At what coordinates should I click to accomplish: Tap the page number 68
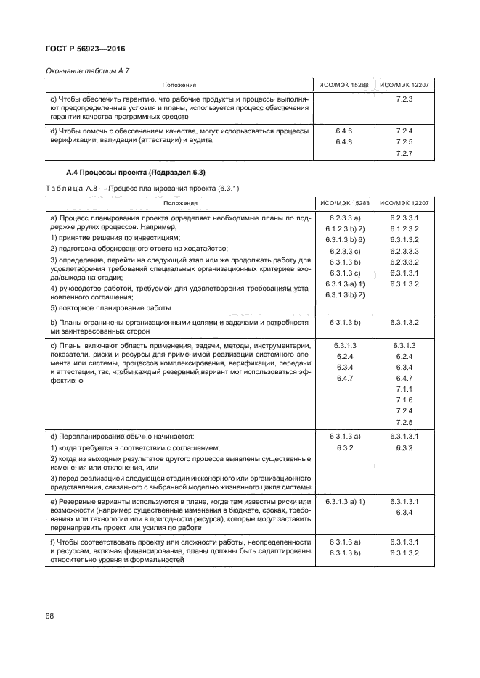pyautogui.click(x=49, y=616)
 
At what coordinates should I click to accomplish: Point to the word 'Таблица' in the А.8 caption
pyautogui.click(x=63, y=189)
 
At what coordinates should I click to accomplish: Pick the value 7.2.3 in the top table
pyautogui.click(x=404, y=98)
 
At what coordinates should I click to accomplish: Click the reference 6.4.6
pyautogui.click(x=344, y=131)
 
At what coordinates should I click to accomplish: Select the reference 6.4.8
pyautogui.click(x=344, y=142)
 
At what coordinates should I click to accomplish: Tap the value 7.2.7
pyautogui.click(x=404, y=154)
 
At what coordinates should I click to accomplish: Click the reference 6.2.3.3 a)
pyautogui.click(x=345, y=217)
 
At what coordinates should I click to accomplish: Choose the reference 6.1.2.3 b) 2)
pyautogui.click(x=345, y=228)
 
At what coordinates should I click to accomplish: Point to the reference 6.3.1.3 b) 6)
pyautogui.click(x=345, y=239)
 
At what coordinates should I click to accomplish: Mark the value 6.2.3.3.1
pyautogui.click(x=404, y=217)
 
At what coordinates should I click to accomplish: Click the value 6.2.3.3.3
pyautogui.click(x=404, y=249)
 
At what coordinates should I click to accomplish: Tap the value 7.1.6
pyautogui.click(x=404, y=400)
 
